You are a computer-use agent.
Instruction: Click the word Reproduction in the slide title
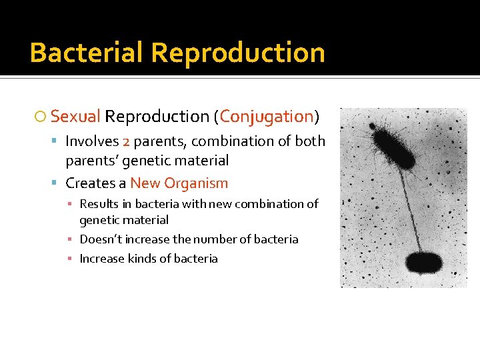click(238, 53)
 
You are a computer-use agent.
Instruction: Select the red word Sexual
click(75, 117)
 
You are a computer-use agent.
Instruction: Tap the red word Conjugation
click(267, 117)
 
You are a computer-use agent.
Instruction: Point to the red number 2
click(127, 141)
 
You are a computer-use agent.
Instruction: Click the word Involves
click(92, 141)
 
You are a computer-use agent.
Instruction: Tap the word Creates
click(89, 183)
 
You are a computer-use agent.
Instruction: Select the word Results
click(99, 204)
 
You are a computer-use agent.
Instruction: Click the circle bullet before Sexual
click(41, 117)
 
